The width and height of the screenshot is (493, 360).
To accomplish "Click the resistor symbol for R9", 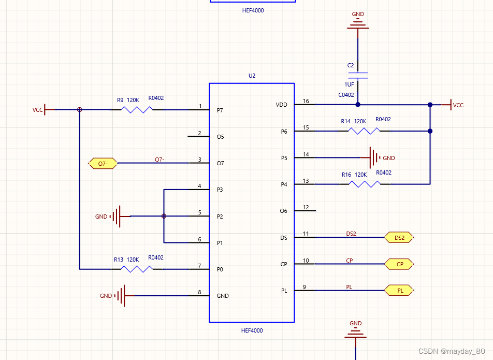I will pos(137,110).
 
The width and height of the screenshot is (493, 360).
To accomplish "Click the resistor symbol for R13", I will pos(137,269).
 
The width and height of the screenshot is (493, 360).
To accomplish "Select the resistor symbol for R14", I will pos(365,131).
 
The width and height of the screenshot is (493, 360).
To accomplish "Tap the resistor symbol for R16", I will pos(365,184).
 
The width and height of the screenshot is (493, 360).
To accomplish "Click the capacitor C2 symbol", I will pos(358,75).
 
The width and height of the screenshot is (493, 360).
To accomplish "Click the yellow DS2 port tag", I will pos(399,238).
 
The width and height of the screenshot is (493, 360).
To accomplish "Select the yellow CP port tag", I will pos(399,264).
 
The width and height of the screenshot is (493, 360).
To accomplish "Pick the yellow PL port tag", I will pos(399,291).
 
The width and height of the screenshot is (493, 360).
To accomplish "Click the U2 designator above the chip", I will pos(252,76).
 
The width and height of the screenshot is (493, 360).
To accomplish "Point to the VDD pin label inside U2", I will pos(281,105).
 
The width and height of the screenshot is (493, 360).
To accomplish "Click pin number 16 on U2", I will pos(306,101).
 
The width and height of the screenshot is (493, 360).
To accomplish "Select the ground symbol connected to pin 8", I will pos(120,296).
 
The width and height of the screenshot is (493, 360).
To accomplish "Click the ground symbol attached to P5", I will pos(374,157).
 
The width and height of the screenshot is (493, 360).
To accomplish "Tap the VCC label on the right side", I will pos(458,105).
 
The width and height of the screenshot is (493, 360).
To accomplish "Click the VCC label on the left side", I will pos(38,110).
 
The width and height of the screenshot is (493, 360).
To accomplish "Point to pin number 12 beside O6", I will pos(306,207).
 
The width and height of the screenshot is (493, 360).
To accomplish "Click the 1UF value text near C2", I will pos(350,84).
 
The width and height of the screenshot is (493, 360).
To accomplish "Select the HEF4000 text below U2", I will pos(252,330).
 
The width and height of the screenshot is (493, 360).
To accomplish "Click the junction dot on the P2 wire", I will pos(164,216).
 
